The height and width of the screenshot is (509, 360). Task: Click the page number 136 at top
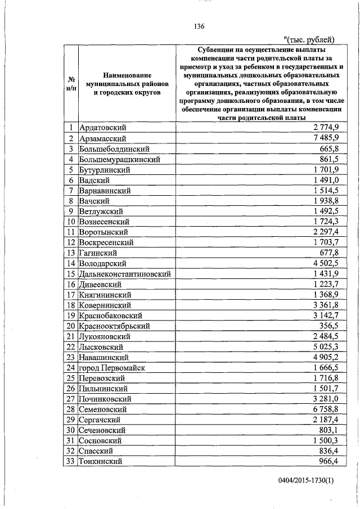(199, 26)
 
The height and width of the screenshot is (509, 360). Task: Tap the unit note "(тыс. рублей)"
(309, 39)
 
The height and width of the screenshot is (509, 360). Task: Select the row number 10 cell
(71, 222)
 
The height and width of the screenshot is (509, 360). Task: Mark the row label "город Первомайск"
(112, 367)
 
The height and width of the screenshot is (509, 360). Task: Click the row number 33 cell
(71, 461)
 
